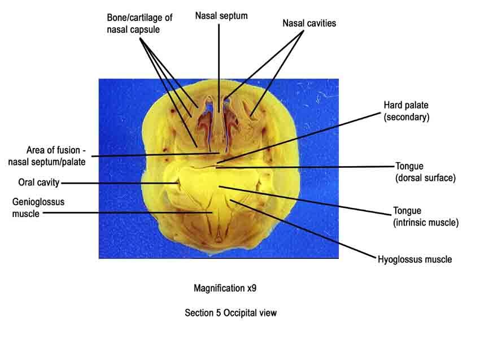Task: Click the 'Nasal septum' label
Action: click(221, 16)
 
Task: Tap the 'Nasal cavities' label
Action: click(309, 23)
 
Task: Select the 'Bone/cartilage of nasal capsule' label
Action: click(139, 24)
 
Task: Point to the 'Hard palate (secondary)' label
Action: click(407, 111)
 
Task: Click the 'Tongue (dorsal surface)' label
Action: click(426, 172)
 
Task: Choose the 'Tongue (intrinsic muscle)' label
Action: click(426, 216)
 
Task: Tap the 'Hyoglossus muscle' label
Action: click(415, 259)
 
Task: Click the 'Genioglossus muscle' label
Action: click(38, 208)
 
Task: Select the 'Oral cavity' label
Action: click(38, 183)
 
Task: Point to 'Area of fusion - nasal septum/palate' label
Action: click(47, 156)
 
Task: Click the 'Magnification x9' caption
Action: click(225, 288)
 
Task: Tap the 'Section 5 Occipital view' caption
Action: click(231, 313)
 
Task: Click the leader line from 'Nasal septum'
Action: click(219, 68)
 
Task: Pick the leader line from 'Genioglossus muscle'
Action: click(128, 212)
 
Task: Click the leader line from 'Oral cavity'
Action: click(120, 184)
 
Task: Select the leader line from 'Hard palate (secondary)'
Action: click(299, 137)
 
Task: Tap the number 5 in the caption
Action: click(219, 313)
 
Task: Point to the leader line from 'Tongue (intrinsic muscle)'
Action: click(305, 201)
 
